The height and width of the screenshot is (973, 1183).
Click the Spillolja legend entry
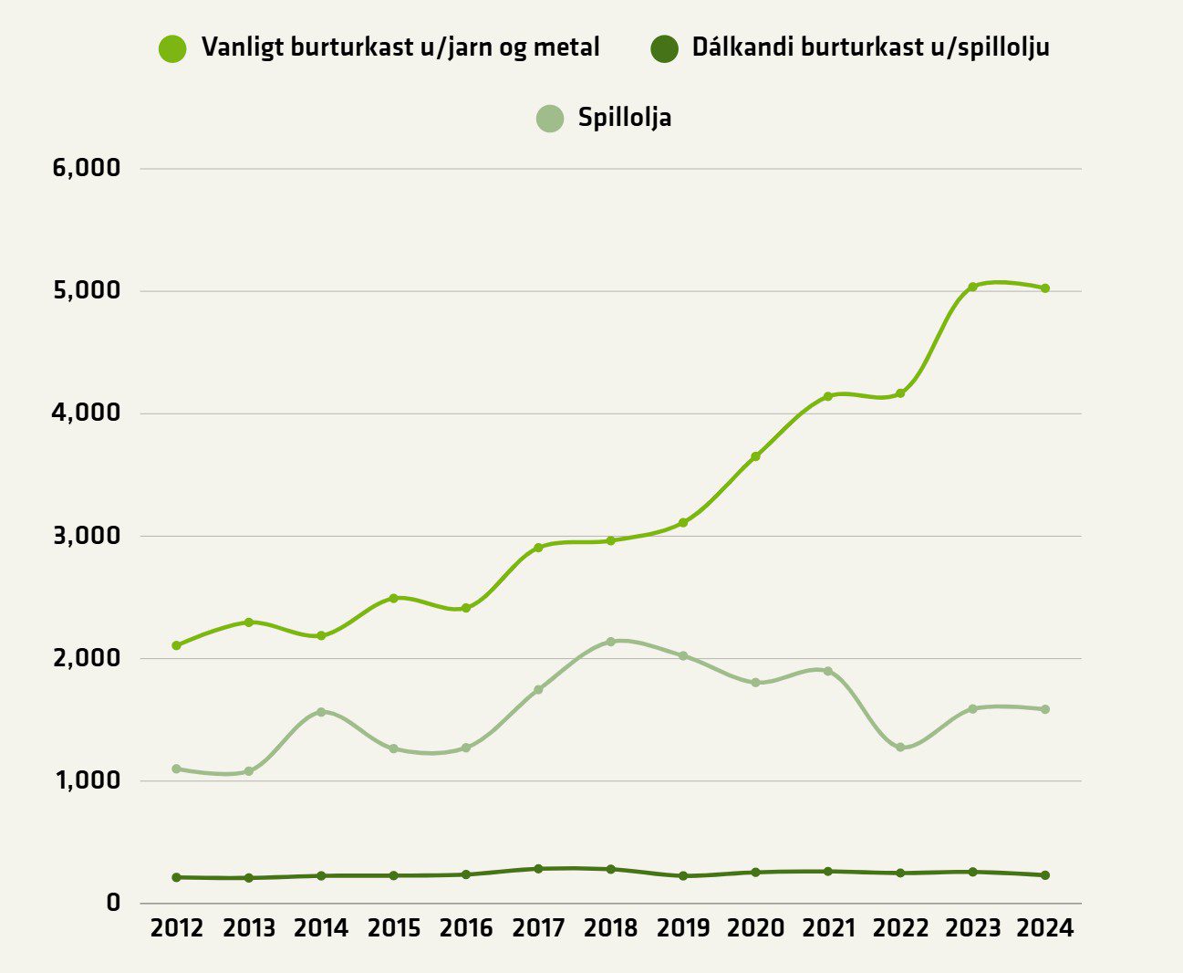click(624, 118)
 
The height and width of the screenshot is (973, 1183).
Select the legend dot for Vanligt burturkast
click(172, 48)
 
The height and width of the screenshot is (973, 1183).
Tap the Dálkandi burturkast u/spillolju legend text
click(870, 47)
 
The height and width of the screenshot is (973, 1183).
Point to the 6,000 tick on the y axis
click(88, 168)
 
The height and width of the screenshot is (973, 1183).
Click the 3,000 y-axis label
click(88, 536)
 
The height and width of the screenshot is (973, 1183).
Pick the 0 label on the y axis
click(113, 903)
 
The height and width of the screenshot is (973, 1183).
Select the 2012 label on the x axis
click(176, 928)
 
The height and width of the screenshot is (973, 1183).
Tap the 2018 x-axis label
click(611, 928)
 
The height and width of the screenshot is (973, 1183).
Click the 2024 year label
click(1045, 928)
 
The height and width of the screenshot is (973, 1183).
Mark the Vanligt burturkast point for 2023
click(972, 287)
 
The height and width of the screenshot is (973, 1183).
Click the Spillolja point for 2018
click(611, 642)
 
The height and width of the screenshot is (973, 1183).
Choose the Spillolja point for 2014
click(321, 712)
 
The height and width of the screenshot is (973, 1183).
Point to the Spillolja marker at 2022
click(900, 748)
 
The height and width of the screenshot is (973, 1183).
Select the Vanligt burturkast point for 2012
click(176, 645)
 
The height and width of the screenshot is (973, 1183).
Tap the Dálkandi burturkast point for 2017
click(538, 869)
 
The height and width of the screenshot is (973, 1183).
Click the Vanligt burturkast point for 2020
click(755, 456)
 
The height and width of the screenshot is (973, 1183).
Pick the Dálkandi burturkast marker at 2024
click(1045, 875)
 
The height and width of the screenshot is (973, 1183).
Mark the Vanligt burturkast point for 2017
click(538, 548)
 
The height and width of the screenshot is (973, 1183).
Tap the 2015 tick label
click(394, 928)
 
